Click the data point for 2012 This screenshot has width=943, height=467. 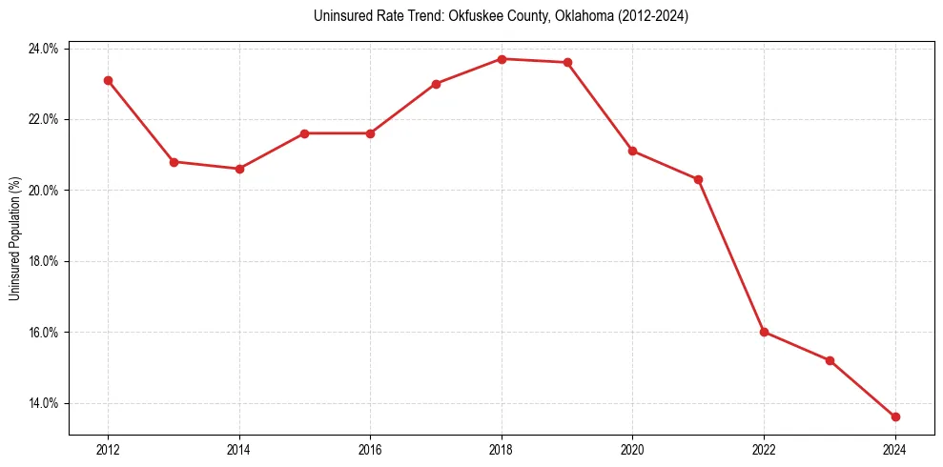click(x=108, y=80)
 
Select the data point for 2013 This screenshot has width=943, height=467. click(x=174, y=162)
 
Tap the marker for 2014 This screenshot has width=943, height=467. click(x=239, y=169)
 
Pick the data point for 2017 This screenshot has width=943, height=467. click(x=436, y=84)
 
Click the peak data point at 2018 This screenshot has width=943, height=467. click(x=502, y=59)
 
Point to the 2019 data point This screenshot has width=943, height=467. click(x=567, y=63)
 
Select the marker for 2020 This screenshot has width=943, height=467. click(x=633, y=151)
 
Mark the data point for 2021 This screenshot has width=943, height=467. click(x=699, y=179)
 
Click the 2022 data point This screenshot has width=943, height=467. click(x=765, y=332)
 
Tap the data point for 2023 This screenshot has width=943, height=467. click(x=830, y=360)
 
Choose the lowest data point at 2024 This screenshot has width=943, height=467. click(x=895, y=416)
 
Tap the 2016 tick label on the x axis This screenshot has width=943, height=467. click(x=370, y=450)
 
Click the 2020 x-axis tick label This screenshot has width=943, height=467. click(x=633, y=450)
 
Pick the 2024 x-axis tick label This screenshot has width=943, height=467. click(x=895, y=450)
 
